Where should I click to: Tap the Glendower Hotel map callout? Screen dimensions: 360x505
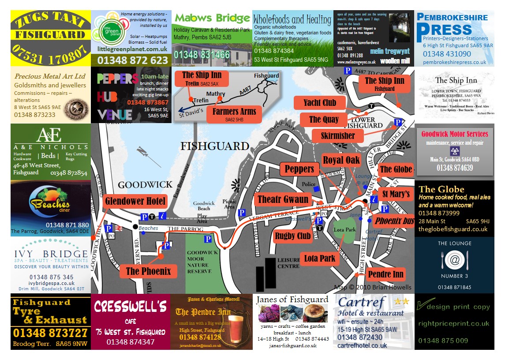point(135,202)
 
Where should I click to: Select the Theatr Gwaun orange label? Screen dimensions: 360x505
point(283,199)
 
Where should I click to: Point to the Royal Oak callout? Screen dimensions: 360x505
point(341,160)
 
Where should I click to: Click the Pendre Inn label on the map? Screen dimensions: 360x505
point(385,274)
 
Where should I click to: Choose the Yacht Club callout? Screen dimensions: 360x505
point(320,103)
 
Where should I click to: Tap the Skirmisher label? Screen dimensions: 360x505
point(338,135)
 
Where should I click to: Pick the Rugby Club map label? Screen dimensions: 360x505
point(293,236)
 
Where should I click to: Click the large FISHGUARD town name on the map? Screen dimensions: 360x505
point(215,146)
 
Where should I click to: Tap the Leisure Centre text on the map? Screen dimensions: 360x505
point(288,263)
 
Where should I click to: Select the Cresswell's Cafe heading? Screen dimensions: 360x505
point(131,306)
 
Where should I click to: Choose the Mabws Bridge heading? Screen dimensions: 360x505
point(212,18)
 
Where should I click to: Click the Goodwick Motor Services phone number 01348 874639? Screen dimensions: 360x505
point(455,168)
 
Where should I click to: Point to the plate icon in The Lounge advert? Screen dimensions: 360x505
point(454,260)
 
